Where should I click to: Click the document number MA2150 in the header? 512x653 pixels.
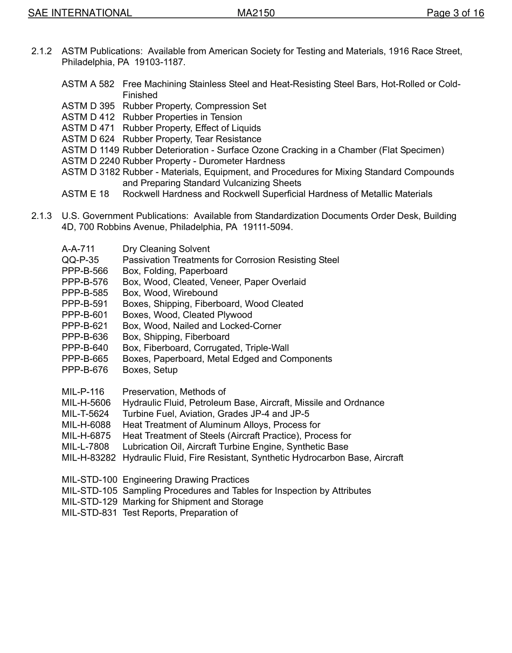(256, 13)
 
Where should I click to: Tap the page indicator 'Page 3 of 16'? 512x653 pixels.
(455, 13)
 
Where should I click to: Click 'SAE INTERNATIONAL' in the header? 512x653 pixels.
(80, 13)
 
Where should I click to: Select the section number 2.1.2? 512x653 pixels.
(41, 51)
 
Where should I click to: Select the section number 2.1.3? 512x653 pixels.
(41, 216)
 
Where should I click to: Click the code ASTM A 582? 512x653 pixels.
(88, 84)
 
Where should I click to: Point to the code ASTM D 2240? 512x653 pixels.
(91, 161)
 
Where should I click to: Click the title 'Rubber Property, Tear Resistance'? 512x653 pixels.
(192, 139)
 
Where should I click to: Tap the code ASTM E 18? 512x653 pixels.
(85, 194)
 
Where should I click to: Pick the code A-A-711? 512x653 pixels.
(78, 249)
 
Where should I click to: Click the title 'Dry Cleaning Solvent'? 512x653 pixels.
(166, 249)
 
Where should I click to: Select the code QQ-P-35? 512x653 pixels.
(80, 260)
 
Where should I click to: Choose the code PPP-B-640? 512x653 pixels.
(85, 348)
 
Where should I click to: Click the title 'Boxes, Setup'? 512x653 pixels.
(150, 370)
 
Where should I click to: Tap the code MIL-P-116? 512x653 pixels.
(83, 391)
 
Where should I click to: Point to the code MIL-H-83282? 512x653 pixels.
(89, 458)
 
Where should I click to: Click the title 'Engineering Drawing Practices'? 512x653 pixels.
(186, 479)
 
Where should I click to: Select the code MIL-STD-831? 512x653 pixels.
(89, 512)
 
